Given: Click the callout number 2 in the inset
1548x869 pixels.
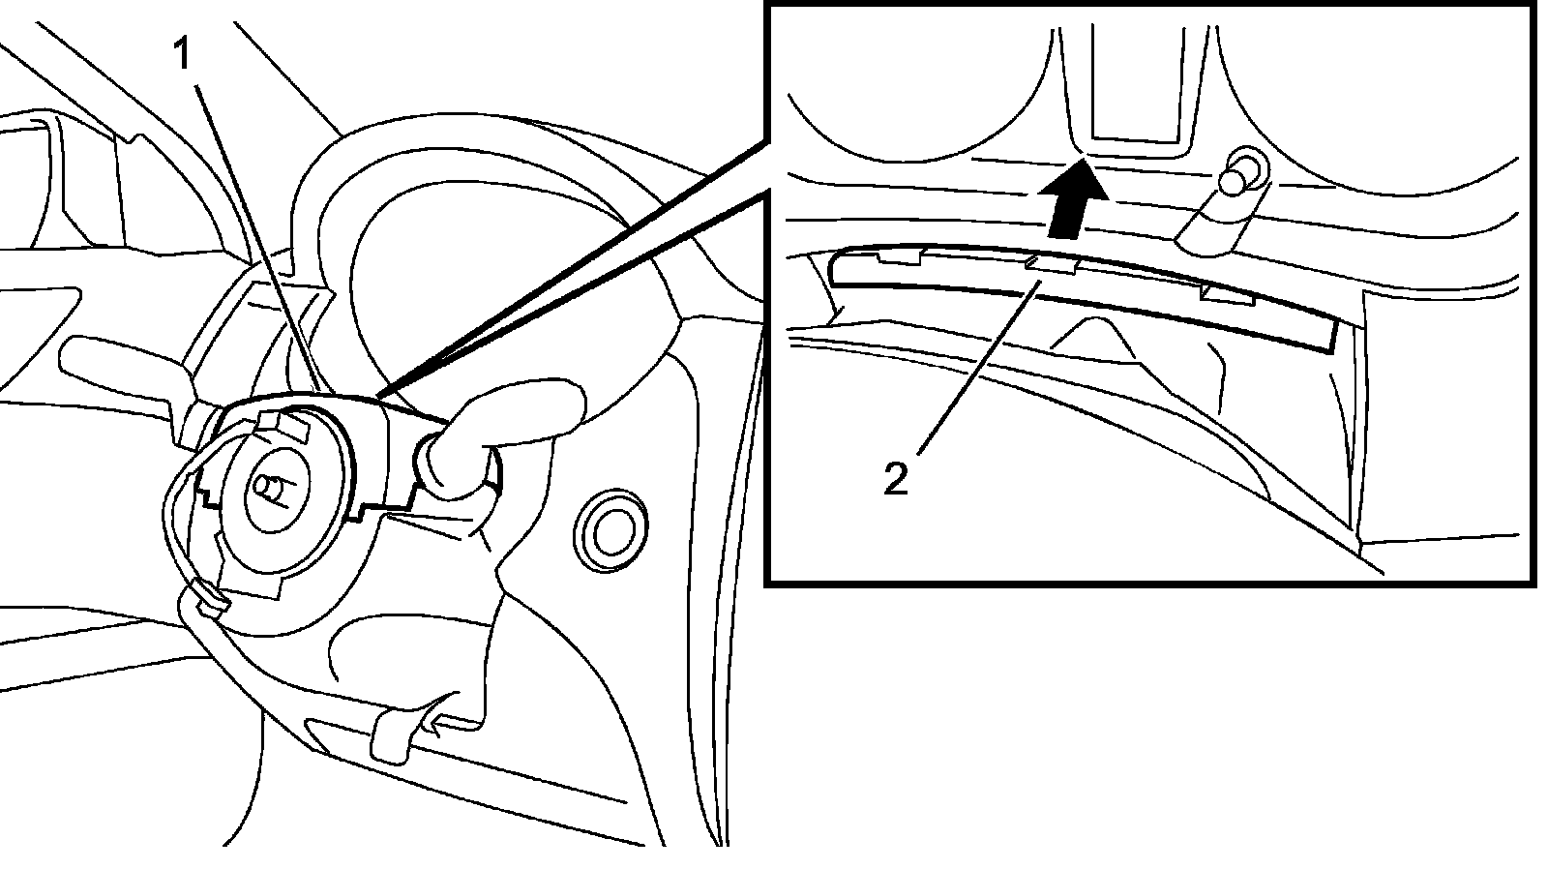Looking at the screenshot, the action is coord(896,478).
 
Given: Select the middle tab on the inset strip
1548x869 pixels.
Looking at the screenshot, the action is coord(1051,264).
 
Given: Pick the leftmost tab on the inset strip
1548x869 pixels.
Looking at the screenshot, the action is coord(899,256).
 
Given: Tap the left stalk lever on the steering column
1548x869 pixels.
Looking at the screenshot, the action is coord(116,363).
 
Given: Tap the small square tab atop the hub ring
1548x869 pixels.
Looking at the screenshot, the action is coord(283,424).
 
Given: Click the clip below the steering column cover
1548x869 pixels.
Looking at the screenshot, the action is coord(406,731).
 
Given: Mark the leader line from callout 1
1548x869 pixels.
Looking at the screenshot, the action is coord(256,232).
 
